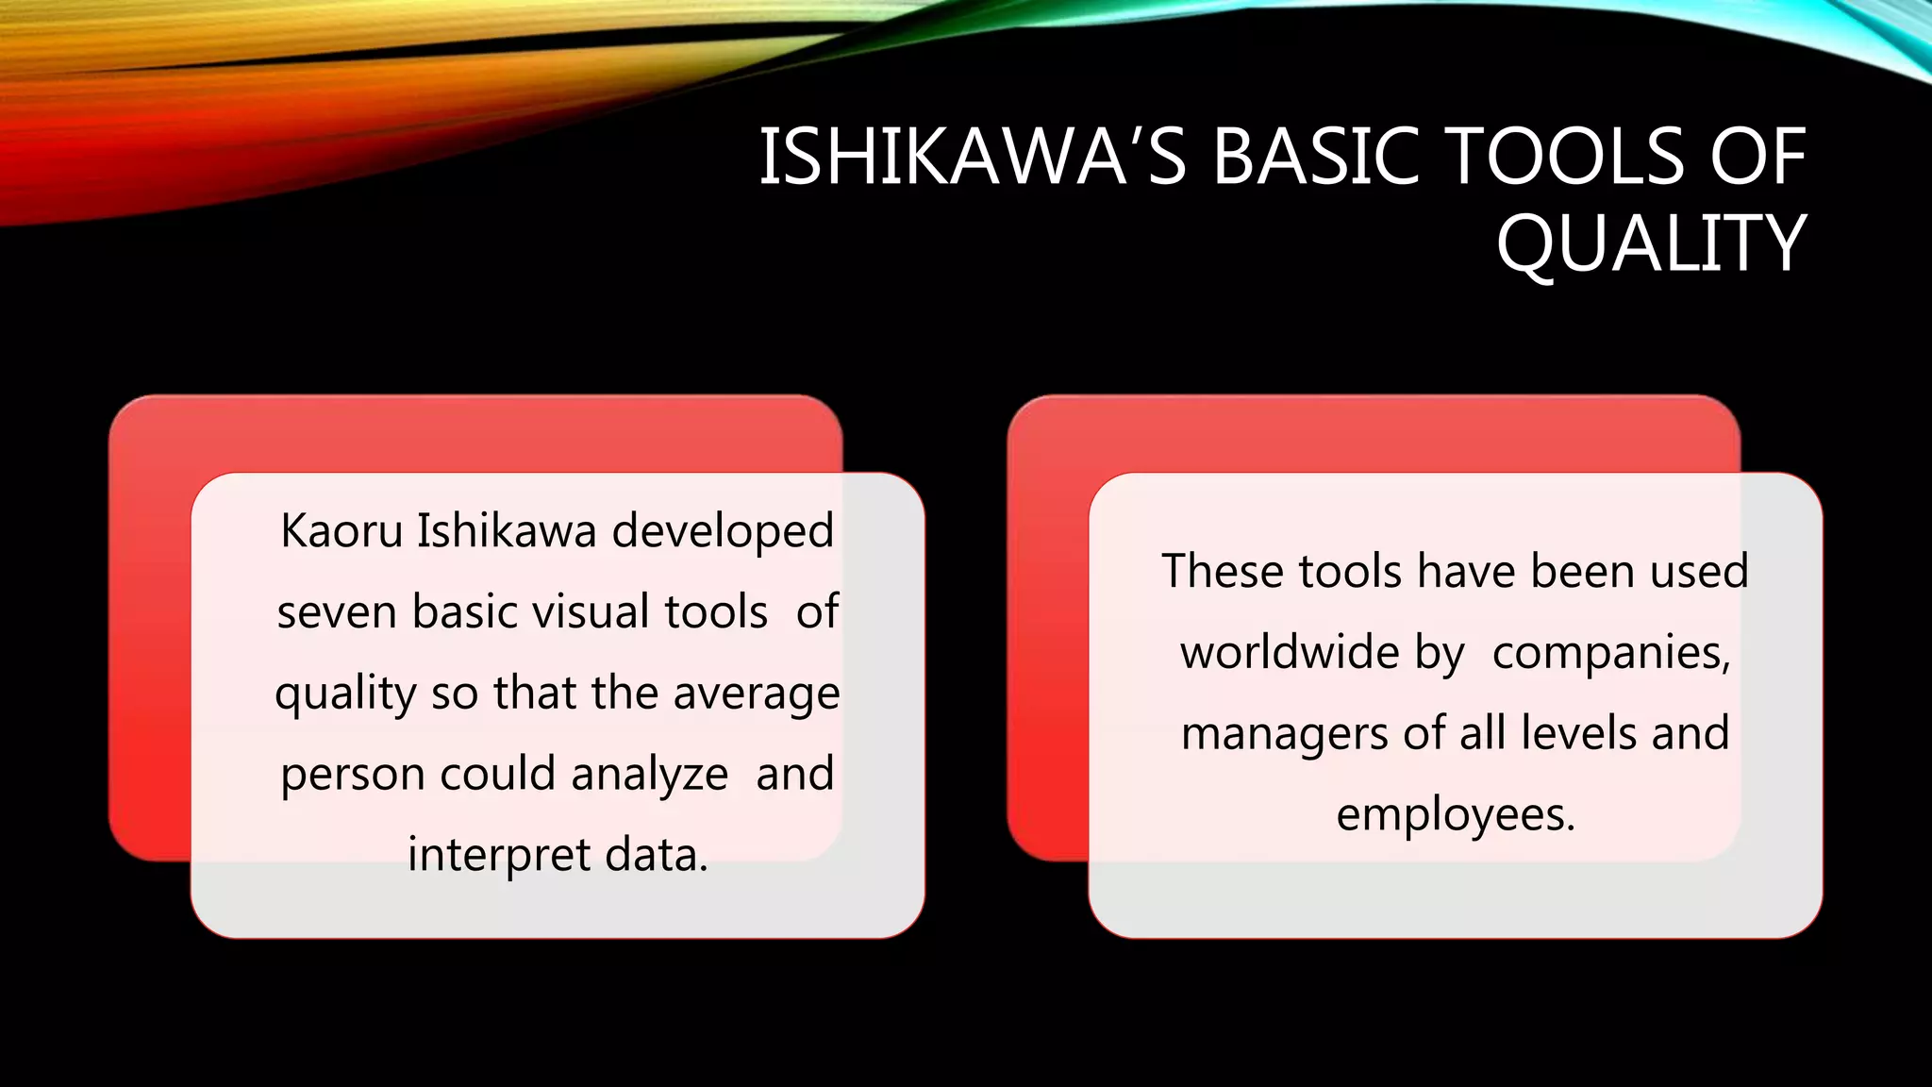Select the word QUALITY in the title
1651,244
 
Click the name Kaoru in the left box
341,531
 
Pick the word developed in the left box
723,531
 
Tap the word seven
337,612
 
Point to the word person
352,776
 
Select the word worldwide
1290,653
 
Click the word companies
1611,653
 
